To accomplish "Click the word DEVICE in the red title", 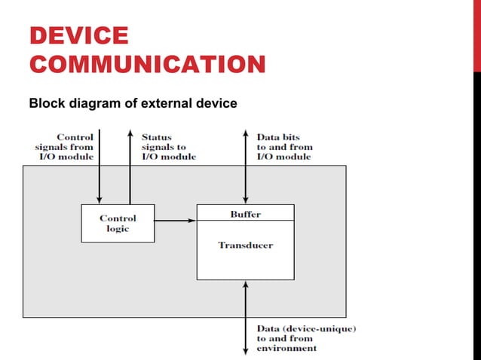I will [78, 35].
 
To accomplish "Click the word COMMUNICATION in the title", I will [147, 64].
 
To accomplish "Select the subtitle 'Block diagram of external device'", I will [133, 102].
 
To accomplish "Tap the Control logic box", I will [118, 223].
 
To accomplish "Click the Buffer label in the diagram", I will [245, 214].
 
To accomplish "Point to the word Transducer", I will [245, 245].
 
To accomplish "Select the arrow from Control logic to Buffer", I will [176, 221].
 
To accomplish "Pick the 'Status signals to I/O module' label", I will [168, 147].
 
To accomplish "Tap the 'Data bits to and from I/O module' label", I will [283, 147].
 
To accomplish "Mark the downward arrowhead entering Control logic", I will [100, 200].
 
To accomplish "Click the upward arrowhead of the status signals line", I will [130, 133].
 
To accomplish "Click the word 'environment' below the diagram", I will [286, 348].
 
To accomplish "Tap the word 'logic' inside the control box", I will [118, 229].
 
